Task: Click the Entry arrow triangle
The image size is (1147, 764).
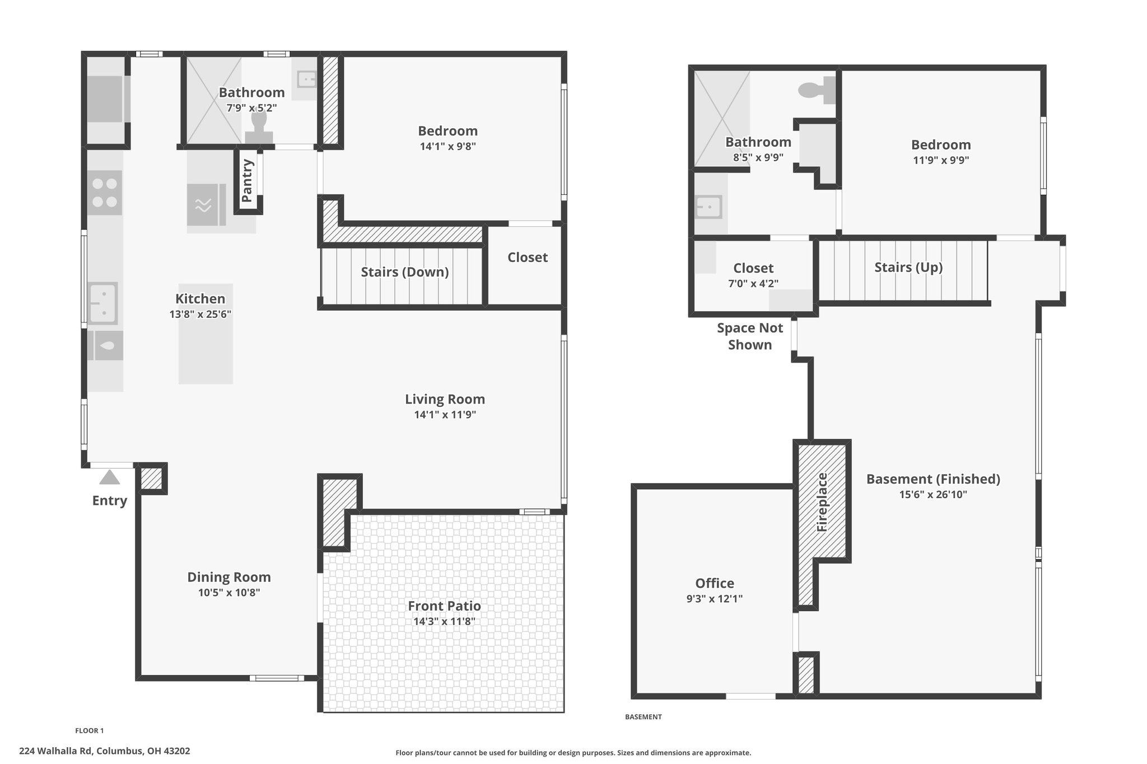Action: (110, 477)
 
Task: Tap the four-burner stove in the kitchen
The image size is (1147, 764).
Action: (105, 193)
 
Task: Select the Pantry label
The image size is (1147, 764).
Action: (247, 180)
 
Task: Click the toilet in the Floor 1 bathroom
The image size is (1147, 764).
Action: (259, 128)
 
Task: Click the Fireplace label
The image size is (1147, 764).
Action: (822, 502)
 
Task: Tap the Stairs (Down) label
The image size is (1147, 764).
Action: (405, 272)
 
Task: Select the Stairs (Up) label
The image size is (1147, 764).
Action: (908, 268)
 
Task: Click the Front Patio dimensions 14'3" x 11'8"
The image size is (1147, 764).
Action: (444, 621)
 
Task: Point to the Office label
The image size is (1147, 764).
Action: (715, 583)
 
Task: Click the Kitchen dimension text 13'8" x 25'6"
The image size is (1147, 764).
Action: (201, 315)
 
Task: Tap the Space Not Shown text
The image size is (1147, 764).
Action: (750, 336)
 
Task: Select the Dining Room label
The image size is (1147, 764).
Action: (229, 577)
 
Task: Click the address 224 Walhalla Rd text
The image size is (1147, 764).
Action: (57, 751)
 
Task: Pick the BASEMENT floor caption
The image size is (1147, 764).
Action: (644, 717)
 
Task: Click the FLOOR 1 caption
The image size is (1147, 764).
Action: (90, 730)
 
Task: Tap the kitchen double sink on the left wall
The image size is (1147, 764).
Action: (103, 303)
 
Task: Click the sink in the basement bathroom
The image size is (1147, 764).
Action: (708, 207)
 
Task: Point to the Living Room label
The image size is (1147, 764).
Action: (445, 399)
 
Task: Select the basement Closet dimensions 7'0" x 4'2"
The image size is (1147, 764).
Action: (753, 284)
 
